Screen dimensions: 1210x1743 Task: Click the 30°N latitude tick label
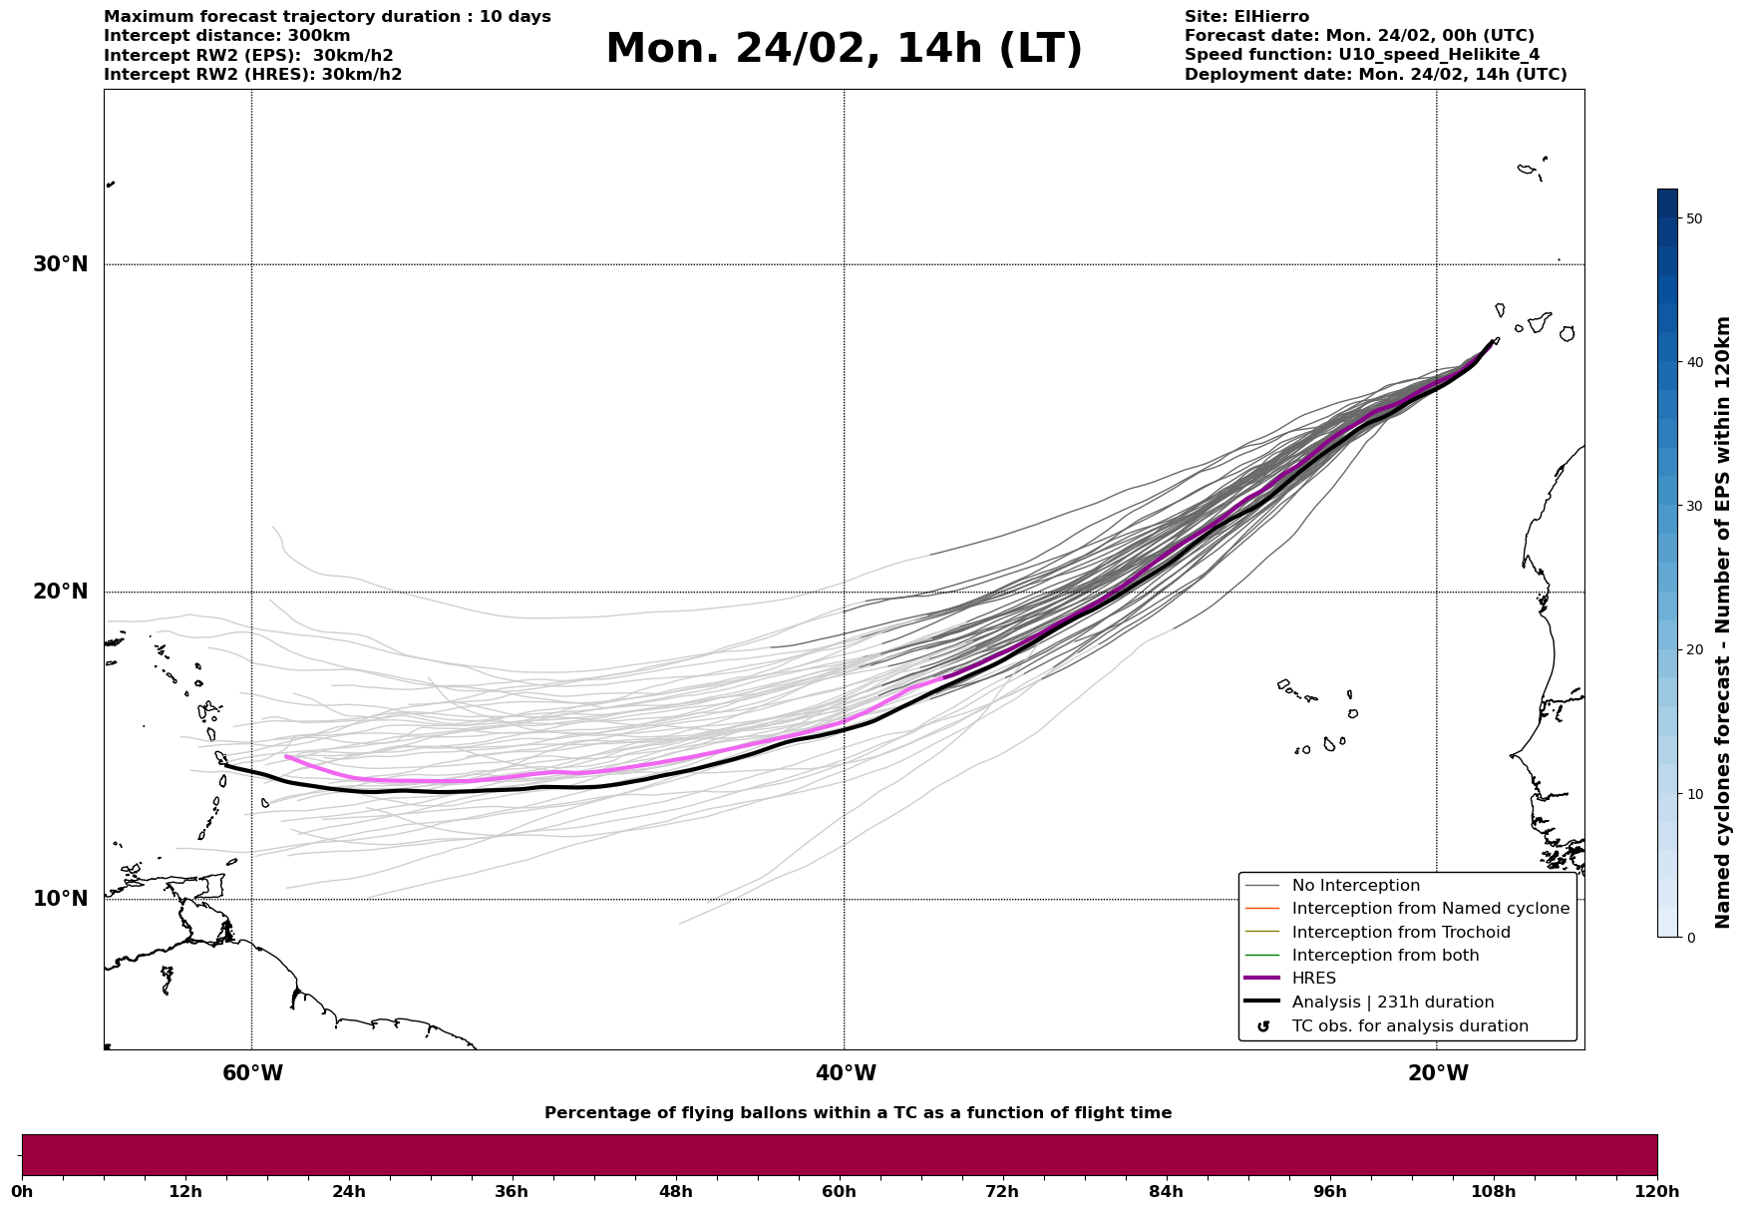coord(60,264)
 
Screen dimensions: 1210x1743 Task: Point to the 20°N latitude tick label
coord(60,592)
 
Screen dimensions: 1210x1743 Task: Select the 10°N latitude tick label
coord(60,899)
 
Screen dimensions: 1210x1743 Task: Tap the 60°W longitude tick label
coord(252,1073)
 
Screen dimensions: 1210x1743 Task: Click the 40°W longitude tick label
coord(846,1073)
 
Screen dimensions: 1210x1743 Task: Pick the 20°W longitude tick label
coord(1438,1073)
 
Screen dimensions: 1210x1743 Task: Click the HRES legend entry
coord(1313,979)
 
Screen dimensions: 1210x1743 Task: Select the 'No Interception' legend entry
coord(1355,886)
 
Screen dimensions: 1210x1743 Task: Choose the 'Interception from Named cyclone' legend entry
coord(1430,909)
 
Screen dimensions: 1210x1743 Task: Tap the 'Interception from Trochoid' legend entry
coord(1400,933)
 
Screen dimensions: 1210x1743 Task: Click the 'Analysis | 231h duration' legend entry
coord(1392,1003)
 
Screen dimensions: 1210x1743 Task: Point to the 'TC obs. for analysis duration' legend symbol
coord(1263,1026)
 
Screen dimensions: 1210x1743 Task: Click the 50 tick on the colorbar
coord(1694,218)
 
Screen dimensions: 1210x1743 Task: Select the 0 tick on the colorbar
coord(1690,938)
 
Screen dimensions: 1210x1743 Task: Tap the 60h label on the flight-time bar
coord(839,1192)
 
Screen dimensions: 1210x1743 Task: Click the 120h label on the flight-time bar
coord(1657,1192)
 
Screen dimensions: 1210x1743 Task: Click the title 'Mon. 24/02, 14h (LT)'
coord(844,49)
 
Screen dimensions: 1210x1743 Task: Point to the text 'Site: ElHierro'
coord(1246,17)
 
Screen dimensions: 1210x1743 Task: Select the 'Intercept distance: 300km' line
coord(227,36)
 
